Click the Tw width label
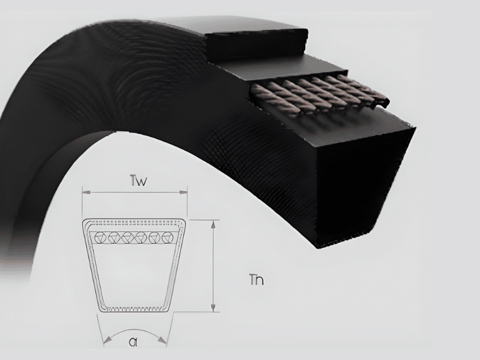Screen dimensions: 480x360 click(x=139, y=181)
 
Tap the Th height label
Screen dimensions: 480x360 click(x=257, y=280)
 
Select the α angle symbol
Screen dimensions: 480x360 click(x=133, y=341)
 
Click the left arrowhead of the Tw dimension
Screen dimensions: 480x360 click(x=86, y=192)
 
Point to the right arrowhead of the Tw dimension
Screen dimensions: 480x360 click(x=183, y=192)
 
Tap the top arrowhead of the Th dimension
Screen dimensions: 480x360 click(x=214, y=224)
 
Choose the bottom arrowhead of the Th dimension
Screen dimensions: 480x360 click(x=214, y=307)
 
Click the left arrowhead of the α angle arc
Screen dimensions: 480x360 click(x=107, y=339)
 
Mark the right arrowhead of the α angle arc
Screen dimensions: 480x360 click(x=162, y=339)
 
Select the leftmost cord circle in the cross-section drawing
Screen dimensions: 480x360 click(x=100, y=238)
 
